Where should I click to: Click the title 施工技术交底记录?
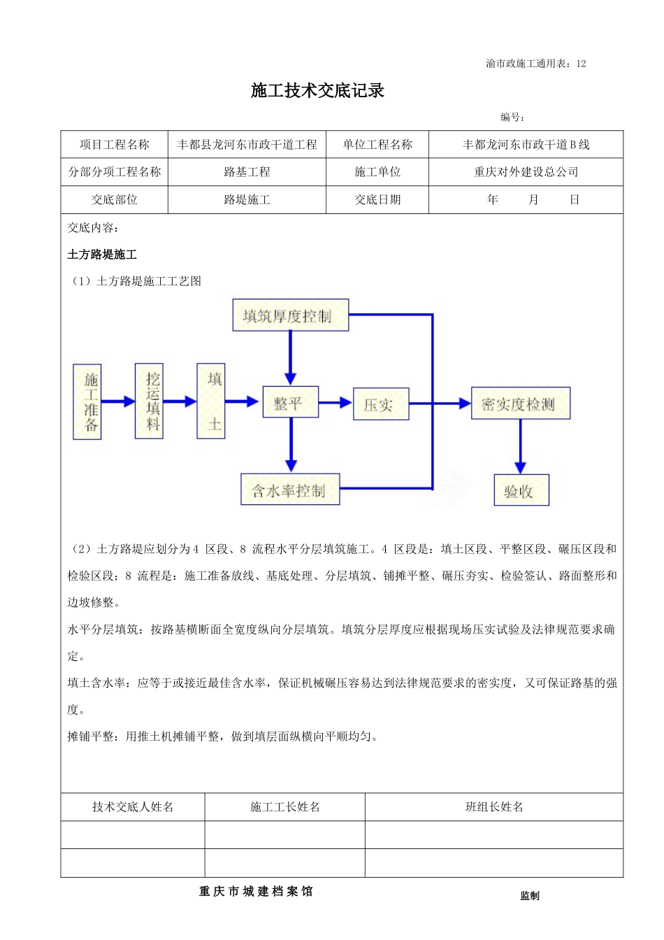click(317, 91)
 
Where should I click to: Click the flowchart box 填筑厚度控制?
click(290, 315)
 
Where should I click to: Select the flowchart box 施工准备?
click(87, 402)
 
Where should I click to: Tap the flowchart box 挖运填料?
click(150, 401)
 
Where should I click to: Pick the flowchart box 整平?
click(290, 402)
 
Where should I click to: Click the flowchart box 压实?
click(380, 404)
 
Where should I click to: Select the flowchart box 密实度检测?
click(520, 404)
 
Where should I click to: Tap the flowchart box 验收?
click(521, 490)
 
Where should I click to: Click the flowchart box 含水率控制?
click(290, 490)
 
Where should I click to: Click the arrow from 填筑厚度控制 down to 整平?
click(290, 358)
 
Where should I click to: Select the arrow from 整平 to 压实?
click(335, 402)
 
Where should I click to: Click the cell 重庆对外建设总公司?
click(526, 172)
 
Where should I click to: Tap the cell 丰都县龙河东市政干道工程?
click(247, 145)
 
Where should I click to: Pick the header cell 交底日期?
click(377, 200)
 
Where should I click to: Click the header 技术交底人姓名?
click(133, 807)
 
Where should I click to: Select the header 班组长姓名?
click(494, 807)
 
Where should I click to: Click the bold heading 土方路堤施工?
click(102, 255)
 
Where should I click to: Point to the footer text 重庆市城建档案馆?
click(256, 892)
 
